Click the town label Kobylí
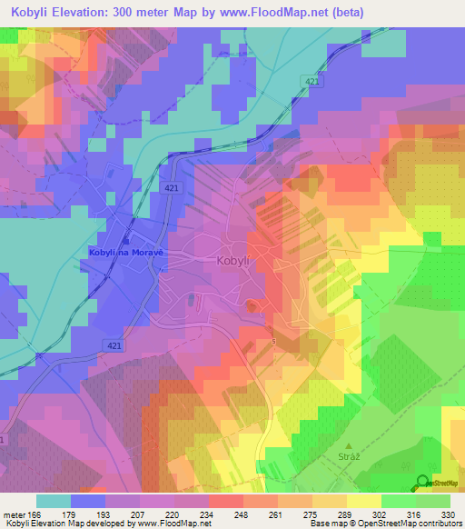[232, 260]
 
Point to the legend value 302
[381, 515]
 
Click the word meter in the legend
[15, 515]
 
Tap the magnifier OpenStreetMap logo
[423, 484]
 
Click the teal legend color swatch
[54, 501]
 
